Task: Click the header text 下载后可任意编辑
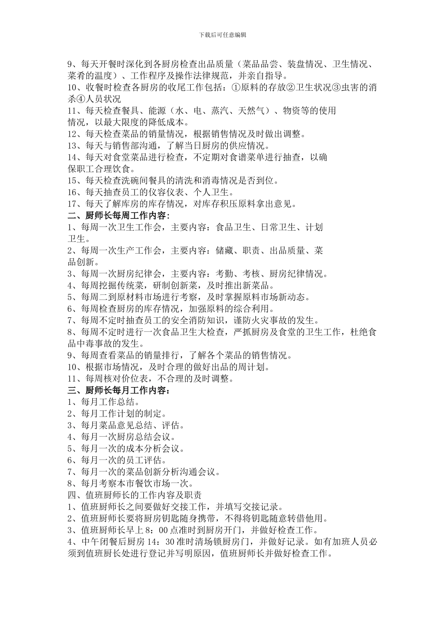click(222, 35)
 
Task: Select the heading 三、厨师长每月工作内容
click(118, 390)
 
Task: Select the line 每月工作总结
click(108, 402)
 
